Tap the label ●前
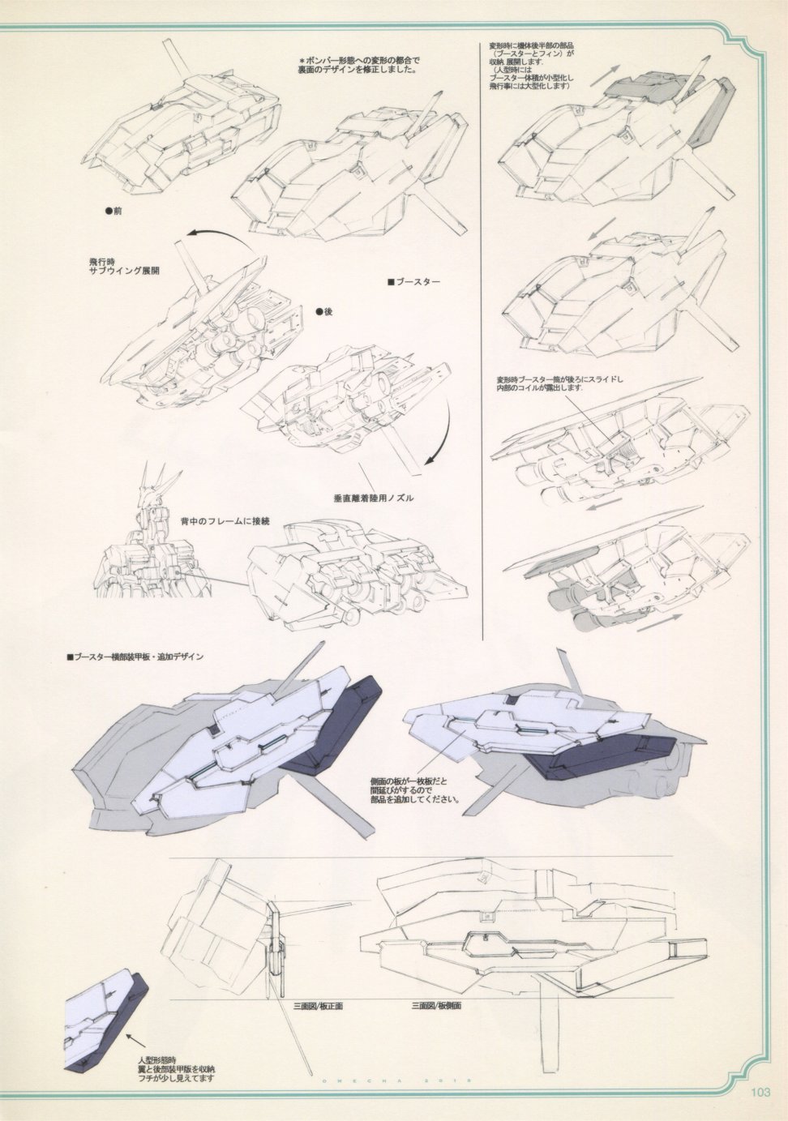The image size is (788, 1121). (113, 210)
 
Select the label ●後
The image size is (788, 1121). (323, 312)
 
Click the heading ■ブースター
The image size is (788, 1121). (413, 282)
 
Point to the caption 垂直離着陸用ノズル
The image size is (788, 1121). (374, 498)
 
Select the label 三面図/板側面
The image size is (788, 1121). (436, 1006)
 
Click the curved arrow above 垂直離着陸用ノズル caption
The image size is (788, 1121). (439, 438)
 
